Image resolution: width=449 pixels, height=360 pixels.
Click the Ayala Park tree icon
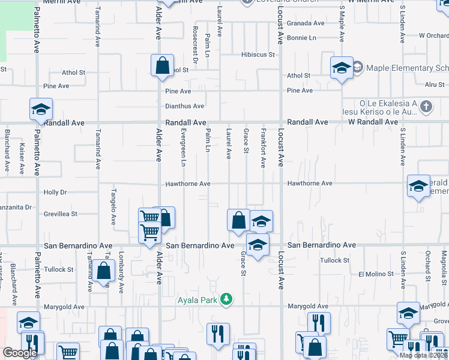(x=226, y=299)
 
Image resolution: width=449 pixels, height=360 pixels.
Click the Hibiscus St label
(x=258, y=55)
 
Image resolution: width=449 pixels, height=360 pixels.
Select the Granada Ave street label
(x=305, y=23)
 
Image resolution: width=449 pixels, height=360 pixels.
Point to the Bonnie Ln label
(x=301, y=38)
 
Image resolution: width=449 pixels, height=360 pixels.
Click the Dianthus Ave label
(x=185, y=106)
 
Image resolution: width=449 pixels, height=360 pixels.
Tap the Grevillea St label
(x=60, y=214)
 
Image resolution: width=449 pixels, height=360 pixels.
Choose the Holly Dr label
(x=55, y=193)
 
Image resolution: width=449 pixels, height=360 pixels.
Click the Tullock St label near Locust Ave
(x=334, y=260)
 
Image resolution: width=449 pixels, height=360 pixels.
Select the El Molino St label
(x=377, y=274)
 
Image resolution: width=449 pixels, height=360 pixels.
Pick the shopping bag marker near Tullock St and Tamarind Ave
(x=104, y=271)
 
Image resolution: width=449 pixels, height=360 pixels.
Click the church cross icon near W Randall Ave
(x=426, y=107)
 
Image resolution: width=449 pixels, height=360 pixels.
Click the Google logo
(x=20, y=353)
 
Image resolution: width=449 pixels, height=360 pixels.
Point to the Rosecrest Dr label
(x=195, y=44)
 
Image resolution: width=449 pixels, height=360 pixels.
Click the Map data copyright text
(x=423, y=355)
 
